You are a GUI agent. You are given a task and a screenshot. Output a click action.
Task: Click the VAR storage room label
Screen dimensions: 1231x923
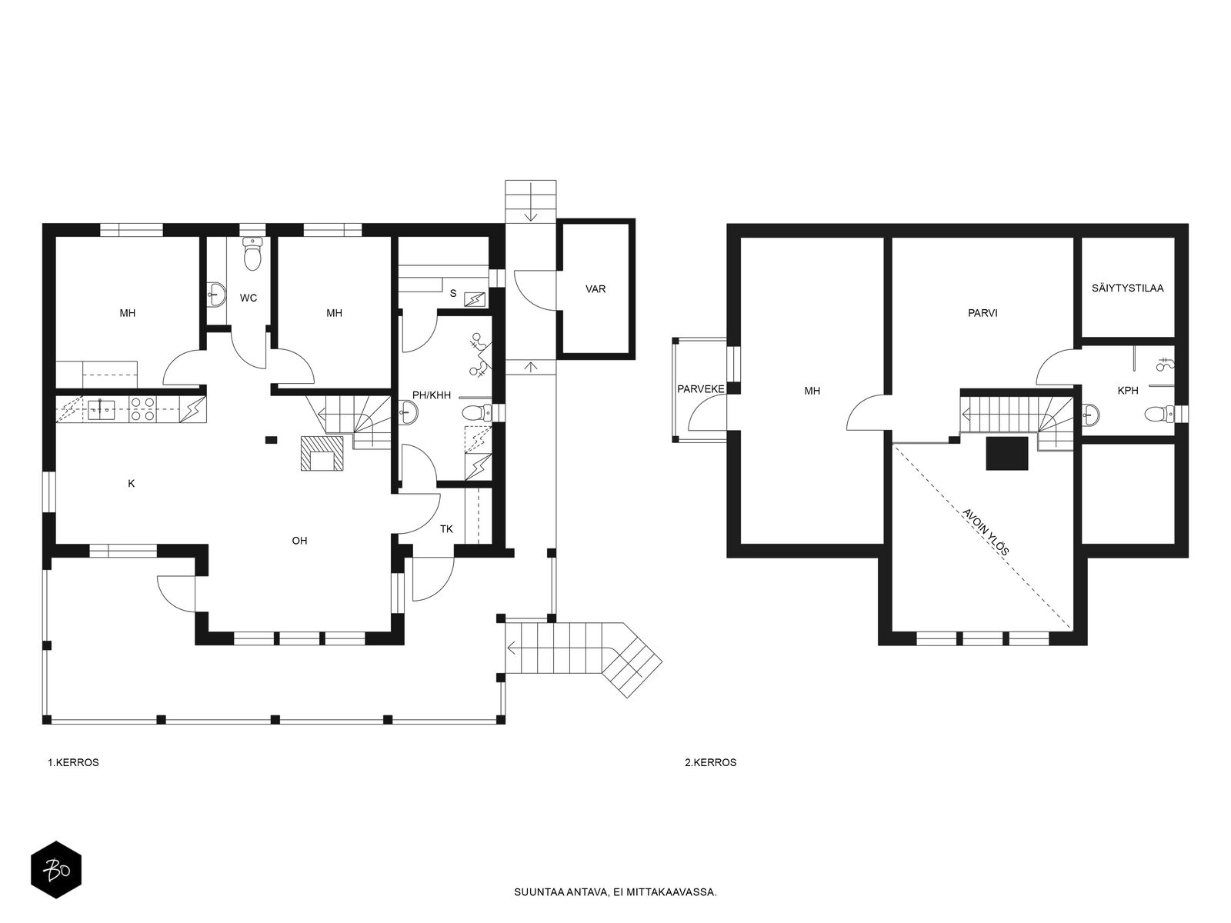click(595, 289)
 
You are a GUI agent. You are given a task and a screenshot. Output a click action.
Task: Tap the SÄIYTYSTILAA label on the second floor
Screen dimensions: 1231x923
click(1127, 288)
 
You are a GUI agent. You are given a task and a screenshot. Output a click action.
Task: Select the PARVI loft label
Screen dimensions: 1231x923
click(982, 313)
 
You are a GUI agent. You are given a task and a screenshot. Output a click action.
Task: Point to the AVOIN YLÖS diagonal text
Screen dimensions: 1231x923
click(986, 531)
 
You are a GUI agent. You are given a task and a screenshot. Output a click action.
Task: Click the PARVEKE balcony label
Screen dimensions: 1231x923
click(700, 389)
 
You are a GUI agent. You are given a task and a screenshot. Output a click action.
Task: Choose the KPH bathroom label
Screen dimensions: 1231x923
click(1128, 391)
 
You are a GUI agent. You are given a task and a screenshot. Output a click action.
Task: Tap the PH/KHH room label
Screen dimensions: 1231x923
click(432, 395)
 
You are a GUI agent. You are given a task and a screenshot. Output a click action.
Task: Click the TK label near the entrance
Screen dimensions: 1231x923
click(446, 529)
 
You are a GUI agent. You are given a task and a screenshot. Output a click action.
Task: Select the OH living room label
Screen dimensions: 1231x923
click(299, 541)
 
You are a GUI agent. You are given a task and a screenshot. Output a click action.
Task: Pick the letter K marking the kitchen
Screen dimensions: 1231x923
click(132, 484)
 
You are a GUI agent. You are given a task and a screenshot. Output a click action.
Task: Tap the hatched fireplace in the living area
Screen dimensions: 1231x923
click(322, 453)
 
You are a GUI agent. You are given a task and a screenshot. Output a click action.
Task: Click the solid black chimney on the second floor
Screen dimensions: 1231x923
click(1007, 453)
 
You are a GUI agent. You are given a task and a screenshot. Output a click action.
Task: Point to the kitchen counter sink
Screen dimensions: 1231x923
click(102, 409)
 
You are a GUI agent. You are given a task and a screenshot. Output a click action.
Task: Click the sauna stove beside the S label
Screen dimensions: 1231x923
click(475, 299)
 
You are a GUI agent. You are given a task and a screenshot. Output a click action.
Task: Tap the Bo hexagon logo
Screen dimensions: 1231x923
click(56, 870)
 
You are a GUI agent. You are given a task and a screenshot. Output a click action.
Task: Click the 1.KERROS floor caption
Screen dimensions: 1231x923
click(73, 763)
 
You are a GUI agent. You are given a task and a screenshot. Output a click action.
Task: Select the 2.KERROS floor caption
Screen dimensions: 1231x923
click(711, 763)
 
